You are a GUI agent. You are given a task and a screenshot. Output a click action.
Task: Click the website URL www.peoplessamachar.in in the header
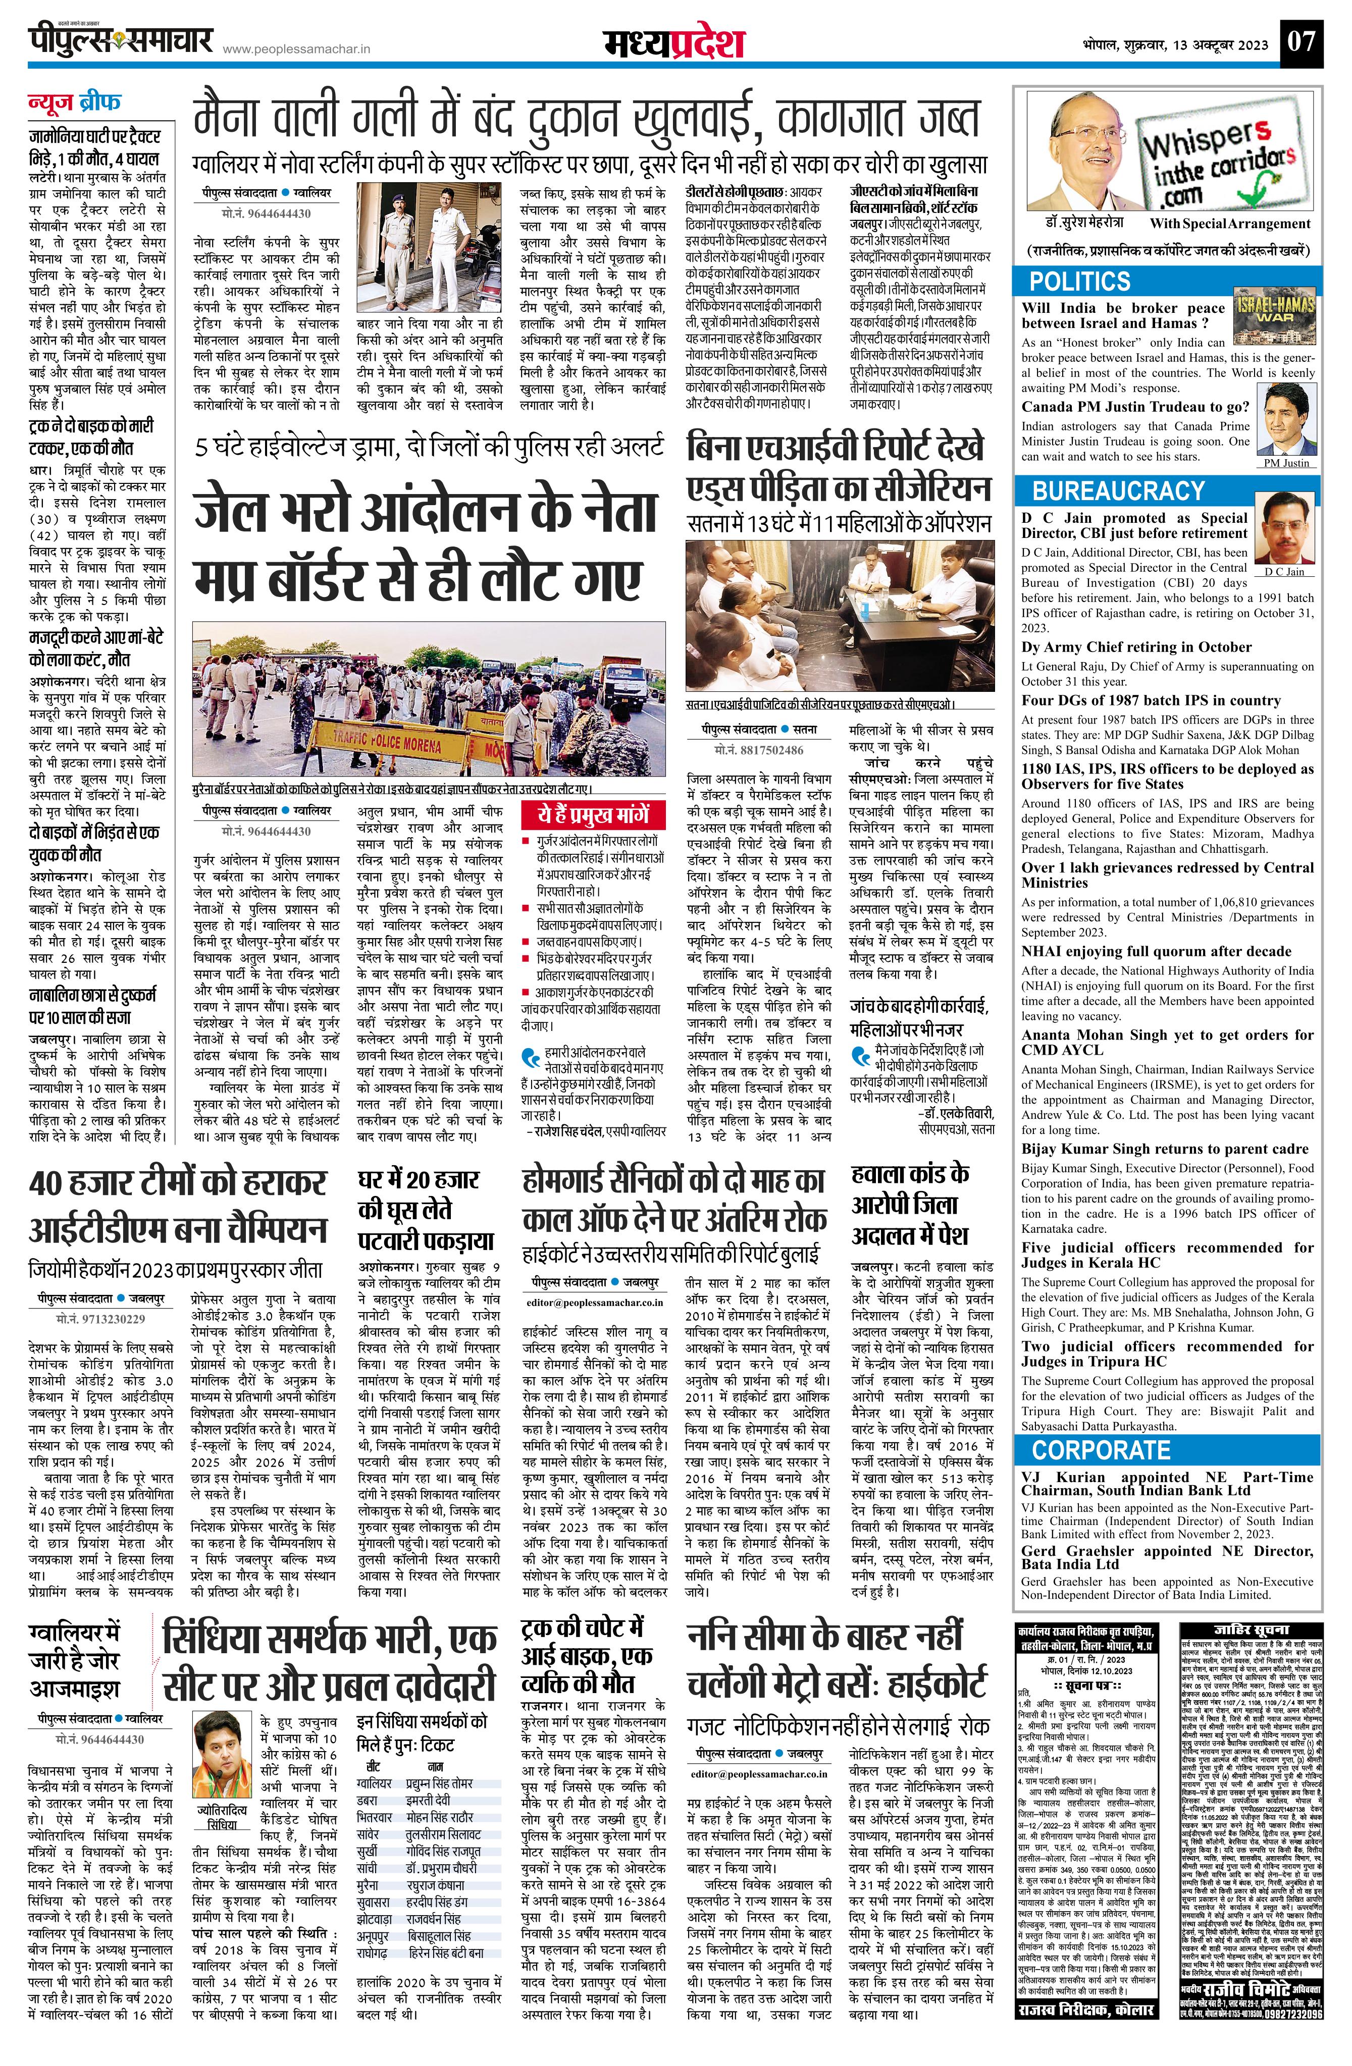point(297,50)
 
